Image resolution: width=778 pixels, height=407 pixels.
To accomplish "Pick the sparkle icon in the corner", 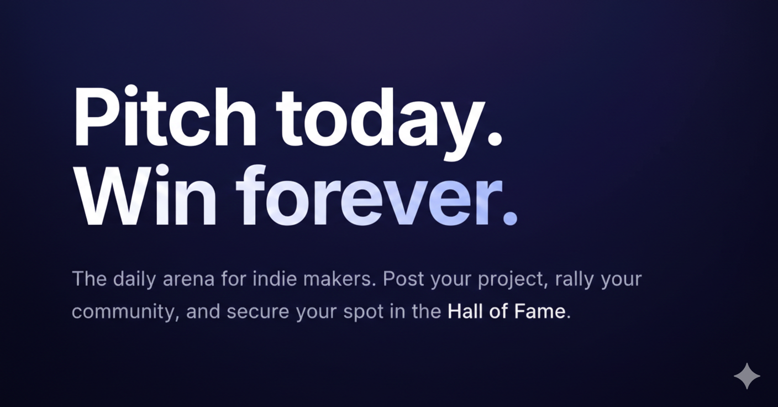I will [747, 377].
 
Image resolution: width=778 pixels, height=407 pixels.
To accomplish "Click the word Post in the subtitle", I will [404, 279].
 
